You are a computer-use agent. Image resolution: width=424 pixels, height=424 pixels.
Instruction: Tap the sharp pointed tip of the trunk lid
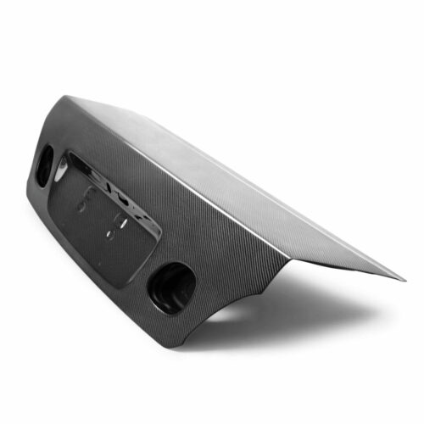pos(404,279)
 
